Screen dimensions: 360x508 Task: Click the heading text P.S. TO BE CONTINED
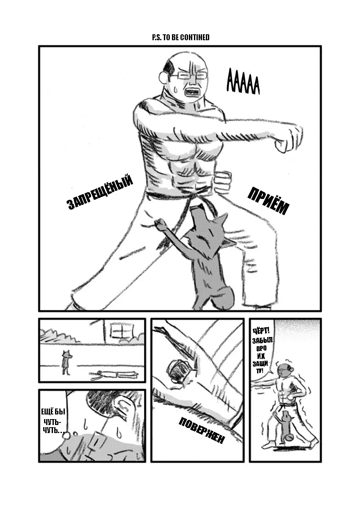[180, 37]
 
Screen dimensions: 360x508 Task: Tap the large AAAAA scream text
[243, 82]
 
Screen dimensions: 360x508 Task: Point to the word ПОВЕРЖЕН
[202, 431]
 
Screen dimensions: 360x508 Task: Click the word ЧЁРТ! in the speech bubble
[261, 331]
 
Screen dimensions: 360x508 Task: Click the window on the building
[122, 331]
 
